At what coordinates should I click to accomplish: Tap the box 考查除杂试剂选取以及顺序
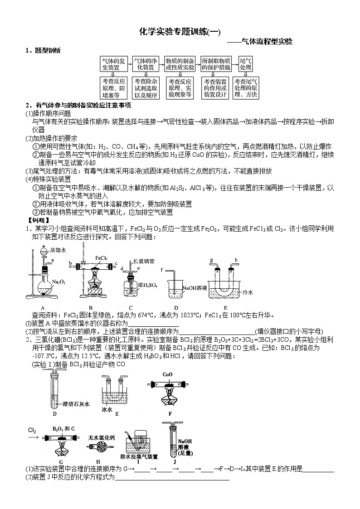pyautogui.click(x=146, y=88)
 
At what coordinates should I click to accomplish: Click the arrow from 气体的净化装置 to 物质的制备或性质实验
pyautogui.click(x=162, y=63)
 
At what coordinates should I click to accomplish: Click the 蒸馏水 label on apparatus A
pyautogui.click(x=58, y=250)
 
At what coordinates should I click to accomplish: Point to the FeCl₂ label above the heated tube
pyautogui.click(x=101, y=258)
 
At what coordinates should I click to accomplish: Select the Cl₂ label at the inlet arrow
pyautogui.click(x=32, y=430)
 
